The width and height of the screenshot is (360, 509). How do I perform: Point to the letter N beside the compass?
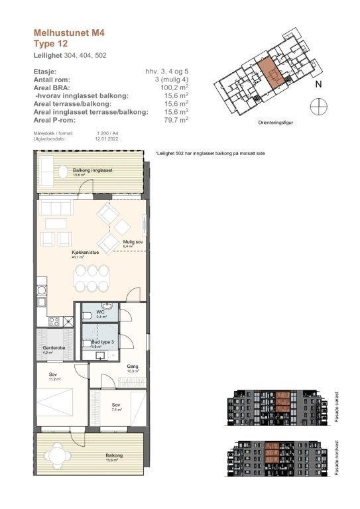318,84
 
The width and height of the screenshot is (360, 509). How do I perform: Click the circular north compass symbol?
318,105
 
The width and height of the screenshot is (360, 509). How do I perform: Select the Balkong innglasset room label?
92,171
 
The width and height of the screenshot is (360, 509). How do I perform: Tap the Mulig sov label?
133,243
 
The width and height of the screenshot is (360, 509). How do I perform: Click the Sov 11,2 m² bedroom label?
54,376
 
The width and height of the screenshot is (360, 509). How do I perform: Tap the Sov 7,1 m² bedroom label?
115,406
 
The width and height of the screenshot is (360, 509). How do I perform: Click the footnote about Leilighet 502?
210,153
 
